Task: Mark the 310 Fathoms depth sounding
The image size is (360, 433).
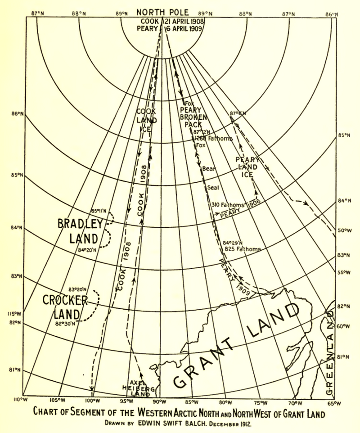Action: click(227, 205)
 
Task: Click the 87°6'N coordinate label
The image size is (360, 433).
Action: click(238, 113)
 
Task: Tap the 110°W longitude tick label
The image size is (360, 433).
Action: click(18, 400)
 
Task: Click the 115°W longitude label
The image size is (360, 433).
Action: click(7, 313)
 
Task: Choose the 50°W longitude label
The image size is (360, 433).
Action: click(344, 231)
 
